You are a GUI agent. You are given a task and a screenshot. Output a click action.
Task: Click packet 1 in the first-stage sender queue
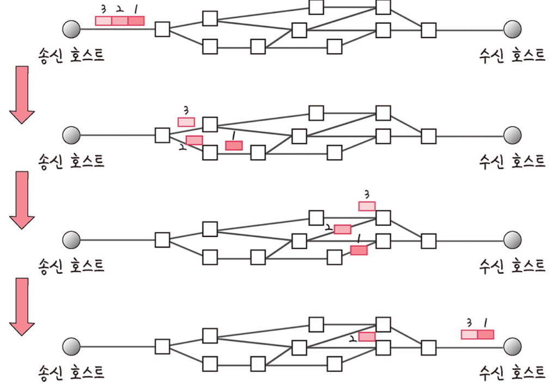136,21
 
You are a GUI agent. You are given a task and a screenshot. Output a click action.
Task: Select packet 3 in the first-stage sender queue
104,21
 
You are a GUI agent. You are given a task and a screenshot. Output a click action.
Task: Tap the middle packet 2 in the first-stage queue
120,21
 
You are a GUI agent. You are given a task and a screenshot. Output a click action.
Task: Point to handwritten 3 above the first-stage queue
104,9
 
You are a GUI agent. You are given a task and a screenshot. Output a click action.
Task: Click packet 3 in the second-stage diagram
186,122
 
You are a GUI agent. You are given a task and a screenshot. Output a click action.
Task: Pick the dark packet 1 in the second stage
234,145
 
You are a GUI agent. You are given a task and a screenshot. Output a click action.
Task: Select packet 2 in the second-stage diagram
194,140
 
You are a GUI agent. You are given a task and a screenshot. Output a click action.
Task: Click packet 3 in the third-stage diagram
367,206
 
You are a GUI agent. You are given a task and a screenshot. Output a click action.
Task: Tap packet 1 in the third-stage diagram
359,250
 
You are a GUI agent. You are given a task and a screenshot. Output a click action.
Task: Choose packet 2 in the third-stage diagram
342,229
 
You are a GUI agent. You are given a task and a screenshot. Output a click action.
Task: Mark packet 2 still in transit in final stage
367,337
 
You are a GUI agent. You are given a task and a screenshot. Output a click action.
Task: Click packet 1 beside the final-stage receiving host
485,334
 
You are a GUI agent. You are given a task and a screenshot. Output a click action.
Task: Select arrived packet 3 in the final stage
469,334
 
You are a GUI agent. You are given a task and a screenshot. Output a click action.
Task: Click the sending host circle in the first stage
71,29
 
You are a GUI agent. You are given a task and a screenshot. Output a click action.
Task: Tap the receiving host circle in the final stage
512,346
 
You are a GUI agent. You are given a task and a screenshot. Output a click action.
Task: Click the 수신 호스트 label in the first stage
512,55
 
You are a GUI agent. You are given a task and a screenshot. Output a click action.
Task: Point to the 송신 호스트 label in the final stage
71,372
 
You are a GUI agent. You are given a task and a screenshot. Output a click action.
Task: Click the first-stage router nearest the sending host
162,29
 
